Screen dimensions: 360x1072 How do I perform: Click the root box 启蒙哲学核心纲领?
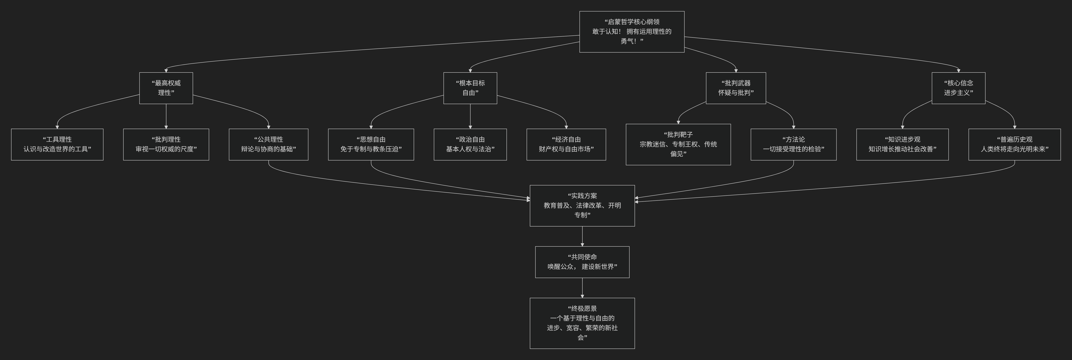632,32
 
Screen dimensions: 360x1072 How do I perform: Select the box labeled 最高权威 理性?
166,88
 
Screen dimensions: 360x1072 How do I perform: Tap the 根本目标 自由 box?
470,88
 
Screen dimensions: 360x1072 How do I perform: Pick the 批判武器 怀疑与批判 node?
736,88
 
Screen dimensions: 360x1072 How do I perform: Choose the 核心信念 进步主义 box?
958,88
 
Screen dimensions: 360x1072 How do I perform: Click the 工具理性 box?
57,144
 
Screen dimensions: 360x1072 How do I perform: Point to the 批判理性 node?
166,144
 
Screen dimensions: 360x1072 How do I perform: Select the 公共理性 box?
268,144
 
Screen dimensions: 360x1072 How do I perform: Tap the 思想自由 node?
371,144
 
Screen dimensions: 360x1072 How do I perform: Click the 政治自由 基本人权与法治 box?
470,144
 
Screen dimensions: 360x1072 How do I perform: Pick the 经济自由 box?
566,144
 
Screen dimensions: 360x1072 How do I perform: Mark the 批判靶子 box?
678,144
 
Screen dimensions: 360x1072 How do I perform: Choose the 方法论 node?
793,144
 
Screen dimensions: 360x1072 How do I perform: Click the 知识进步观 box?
902,144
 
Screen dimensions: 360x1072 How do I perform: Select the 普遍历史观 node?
1014,144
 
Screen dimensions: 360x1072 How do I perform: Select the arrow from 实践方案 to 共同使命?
582,236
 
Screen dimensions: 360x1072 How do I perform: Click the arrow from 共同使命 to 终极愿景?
582,288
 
